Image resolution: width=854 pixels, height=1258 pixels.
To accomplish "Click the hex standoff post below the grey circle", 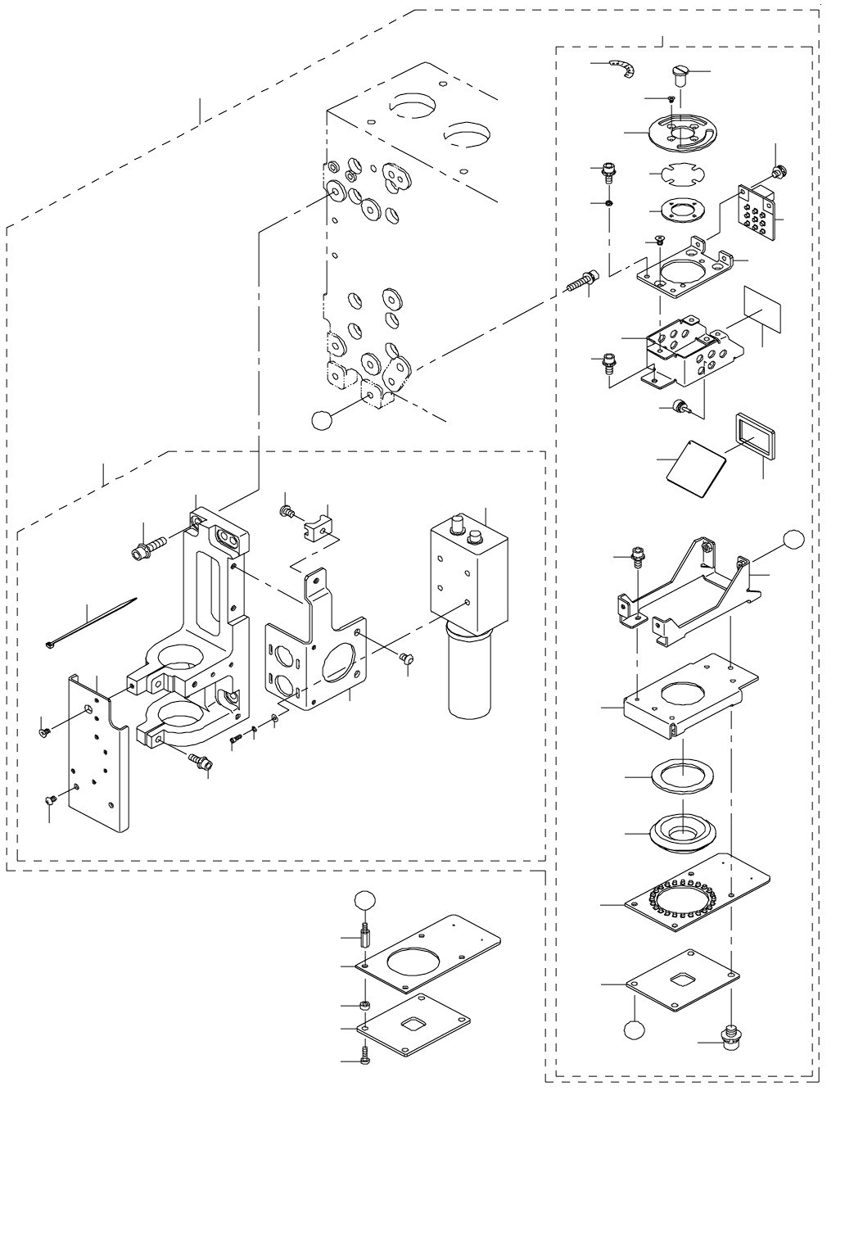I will (x=364, y=934).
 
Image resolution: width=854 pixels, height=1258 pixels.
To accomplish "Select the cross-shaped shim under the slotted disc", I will (x=676, y=175).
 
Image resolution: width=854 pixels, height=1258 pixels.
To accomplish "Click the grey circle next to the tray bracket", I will (x=793, y=538).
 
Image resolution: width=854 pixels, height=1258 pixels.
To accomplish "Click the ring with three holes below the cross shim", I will (x=676, y=210).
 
